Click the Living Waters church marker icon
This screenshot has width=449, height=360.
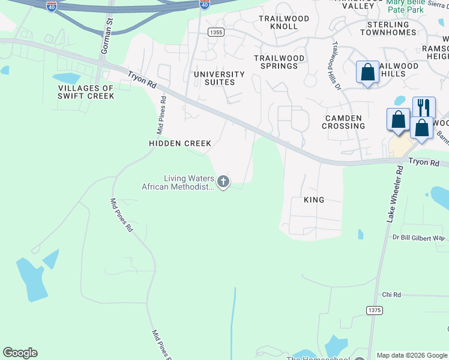pyautogui.click(x=223, y=181)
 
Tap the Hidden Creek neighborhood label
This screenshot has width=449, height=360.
pyautogui.click(x=180, y=143)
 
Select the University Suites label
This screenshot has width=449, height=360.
pyautogui.click(x=219, y=78)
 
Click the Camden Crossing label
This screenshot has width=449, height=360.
pyautogui.click(x=343, y=122)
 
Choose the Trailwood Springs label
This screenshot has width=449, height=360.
pyautogui.click(x=279, y=62)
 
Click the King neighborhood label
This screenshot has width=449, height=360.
pyautogui.click(x=314, y=200)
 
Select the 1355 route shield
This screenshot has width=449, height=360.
pyautogui.click(x=217, y=32)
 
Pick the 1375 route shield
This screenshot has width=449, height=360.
pyautogui.click(x=375, y=310)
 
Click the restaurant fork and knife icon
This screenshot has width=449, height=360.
pyautogui.click(x=424, y=107)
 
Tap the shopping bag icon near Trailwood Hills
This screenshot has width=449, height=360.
pyautogui.click(x=367, y=73)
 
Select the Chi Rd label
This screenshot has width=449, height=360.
pyautogui.click(x=391, y=295)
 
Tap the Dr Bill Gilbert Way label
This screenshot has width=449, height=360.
pyautogui.click(x=418, y=238)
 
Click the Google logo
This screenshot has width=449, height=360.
pyautogui.click(x=20, y=353)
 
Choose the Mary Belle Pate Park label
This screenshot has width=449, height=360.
pyautogui.click(x=414, y=7)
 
